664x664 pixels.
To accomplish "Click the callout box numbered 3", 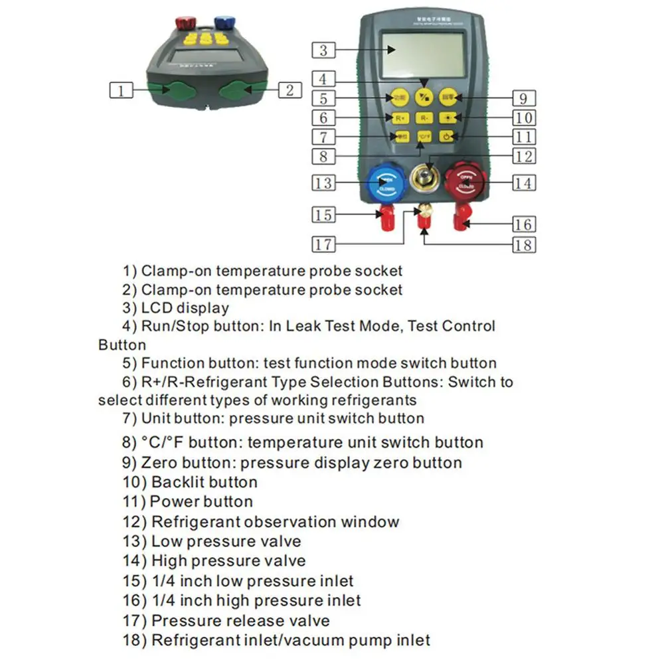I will [x=323, y=50].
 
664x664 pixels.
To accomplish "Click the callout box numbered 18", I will [x=523, y=245].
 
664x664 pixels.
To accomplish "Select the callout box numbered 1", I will [x=121, y=90].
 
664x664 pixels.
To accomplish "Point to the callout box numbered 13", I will [x=323, y=183].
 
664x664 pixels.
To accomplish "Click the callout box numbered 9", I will [x=523, y=98].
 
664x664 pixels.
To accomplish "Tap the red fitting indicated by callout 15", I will [x=384, y=216].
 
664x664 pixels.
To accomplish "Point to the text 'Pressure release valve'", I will [x=240, y=621].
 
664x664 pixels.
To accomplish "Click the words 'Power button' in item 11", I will [x=201, y=502].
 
